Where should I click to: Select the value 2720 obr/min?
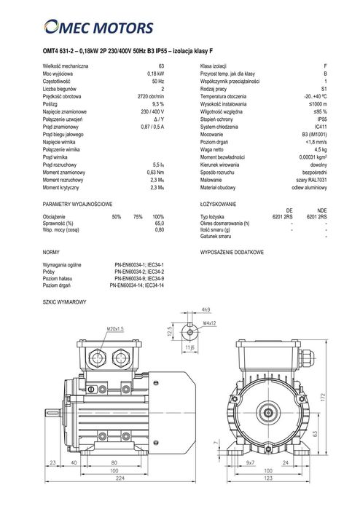pos(150,95)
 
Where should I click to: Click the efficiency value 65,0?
pos(159,224)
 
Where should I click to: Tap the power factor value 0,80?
pos(159,230)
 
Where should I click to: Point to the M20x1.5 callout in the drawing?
pos(115,328)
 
